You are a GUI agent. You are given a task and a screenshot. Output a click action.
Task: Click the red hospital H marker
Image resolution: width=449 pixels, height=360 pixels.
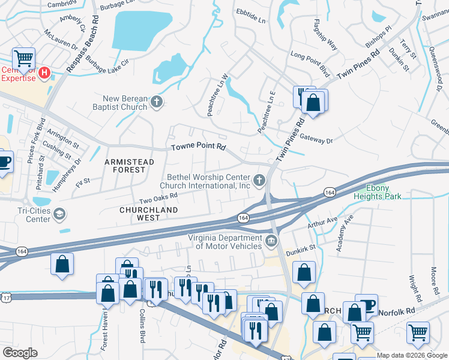pyautogui.click(x=44, y=73)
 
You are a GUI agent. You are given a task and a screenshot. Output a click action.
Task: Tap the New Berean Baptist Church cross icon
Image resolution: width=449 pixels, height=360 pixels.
pyautogui.click(x=156, y=101)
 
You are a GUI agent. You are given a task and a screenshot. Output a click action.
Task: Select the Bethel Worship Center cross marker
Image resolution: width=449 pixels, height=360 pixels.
pyautogui.click(x=259, y=180)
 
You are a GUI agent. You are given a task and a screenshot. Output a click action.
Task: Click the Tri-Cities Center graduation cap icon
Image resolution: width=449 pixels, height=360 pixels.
pyautogui.click(x=59, y=214)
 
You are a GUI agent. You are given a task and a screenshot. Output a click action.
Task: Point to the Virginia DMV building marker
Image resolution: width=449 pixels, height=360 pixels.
pyautogui.click(x=271, y=242)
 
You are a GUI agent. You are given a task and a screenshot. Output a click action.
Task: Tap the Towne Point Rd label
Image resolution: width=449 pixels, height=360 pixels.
pyautogui.click(x=198, y=146)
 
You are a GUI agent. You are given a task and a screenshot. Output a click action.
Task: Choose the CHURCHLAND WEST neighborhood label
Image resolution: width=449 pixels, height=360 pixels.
pyautogui.click(x=148, y=214)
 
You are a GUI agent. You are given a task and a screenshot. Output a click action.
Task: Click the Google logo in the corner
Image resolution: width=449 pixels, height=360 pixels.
pyautogui.click(x=19, y=353)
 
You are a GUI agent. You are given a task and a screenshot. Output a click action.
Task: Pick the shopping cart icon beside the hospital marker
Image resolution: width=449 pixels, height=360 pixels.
pyautogui.click(x=23, y=59)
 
